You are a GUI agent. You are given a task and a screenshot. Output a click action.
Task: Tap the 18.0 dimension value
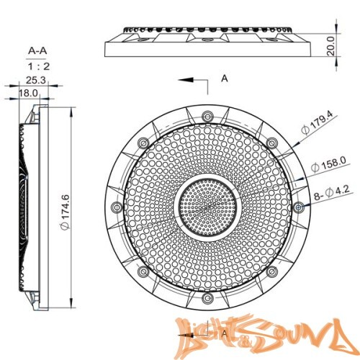(x=28, y=93)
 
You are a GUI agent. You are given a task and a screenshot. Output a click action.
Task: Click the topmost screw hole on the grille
(x=207, y=115)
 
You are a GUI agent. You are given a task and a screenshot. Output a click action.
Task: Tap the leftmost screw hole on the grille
(x=115, y=207)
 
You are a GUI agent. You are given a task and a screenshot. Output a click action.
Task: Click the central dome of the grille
(x=207, y=207)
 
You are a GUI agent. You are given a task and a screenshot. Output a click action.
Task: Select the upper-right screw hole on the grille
(x=272, y=142)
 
